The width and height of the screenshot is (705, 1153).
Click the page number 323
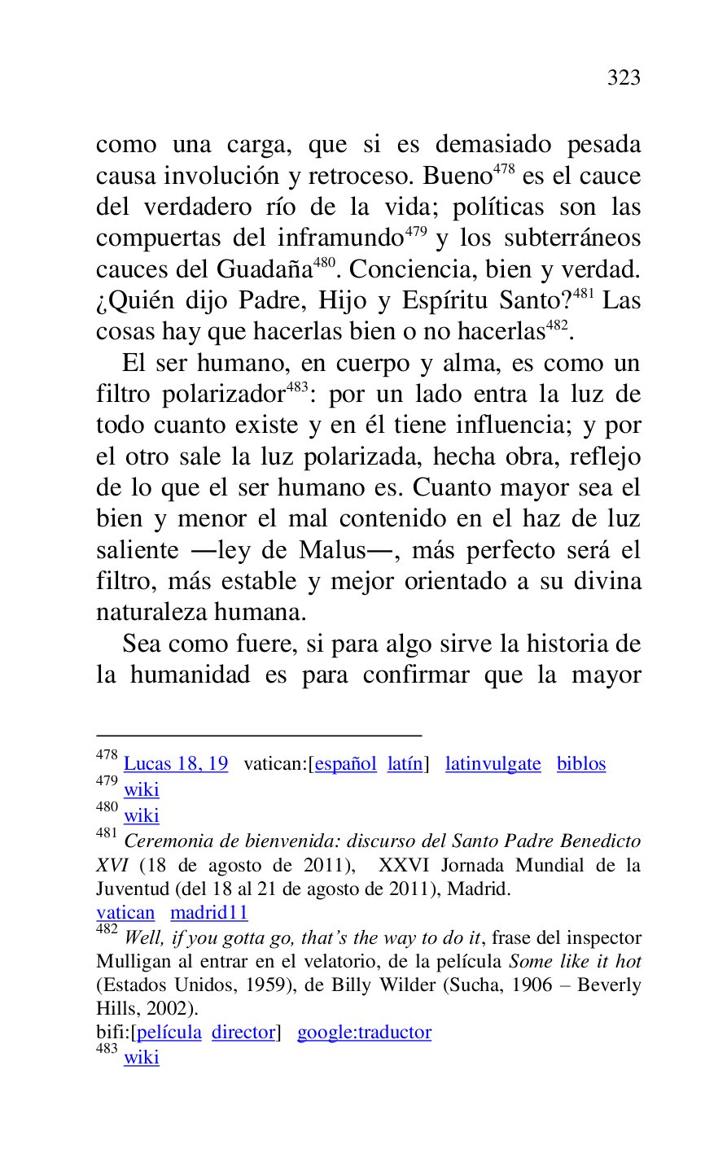pos(624,78)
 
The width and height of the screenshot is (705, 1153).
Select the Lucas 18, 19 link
pos(176,764)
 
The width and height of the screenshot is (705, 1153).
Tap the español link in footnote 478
pos(345,764)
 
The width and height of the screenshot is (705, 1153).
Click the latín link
pos(405,764)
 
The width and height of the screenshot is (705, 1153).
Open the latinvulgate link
pos(493,764)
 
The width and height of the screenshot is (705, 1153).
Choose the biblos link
pos(581,764)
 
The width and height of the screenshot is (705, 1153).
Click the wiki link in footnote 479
pos(142,790)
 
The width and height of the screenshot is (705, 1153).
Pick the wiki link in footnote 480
pos(142,816)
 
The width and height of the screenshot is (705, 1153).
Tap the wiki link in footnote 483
pos(142,1058)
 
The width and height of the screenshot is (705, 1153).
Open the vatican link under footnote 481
pos(125,913)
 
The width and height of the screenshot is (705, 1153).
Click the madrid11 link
pos(209,913)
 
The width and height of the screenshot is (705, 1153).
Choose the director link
pos(243,1033)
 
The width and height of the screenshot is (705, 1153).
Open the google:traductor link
pos(364,1033)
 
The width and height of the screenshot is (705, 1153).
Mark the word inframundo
pos(340,239)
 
